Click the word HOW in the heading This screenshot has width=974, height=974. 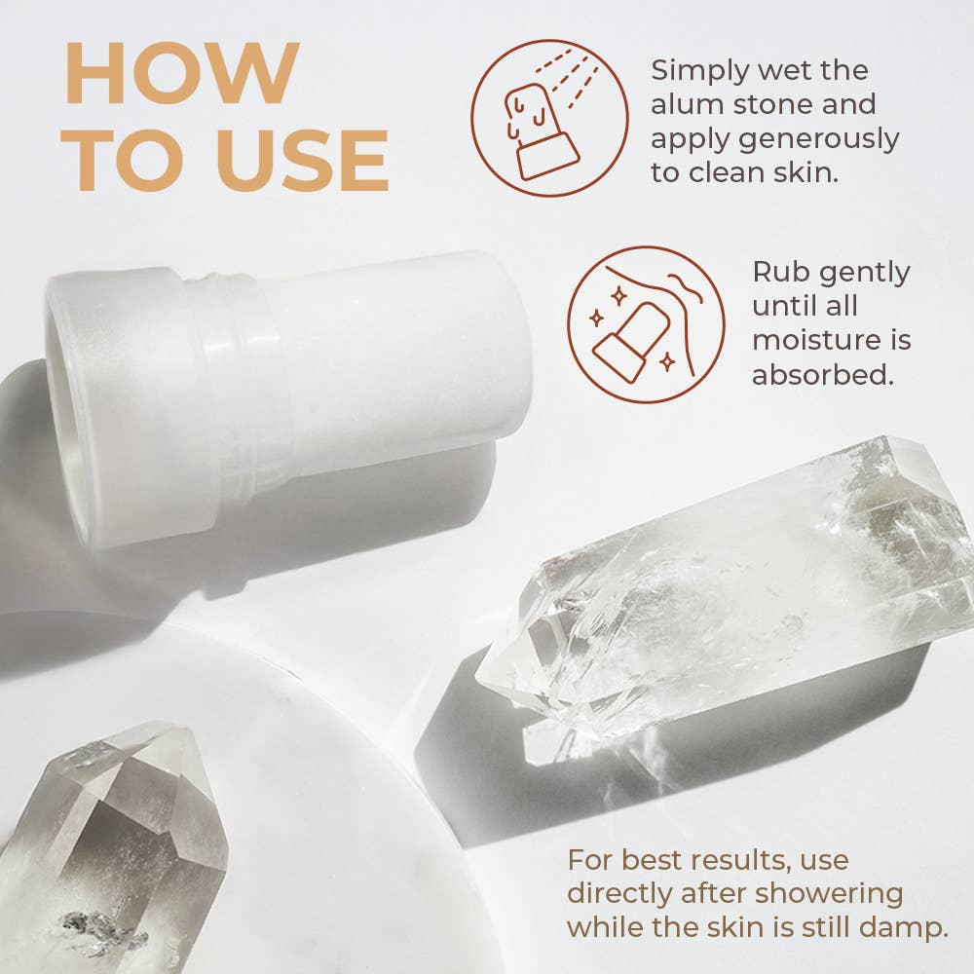coord(183,73)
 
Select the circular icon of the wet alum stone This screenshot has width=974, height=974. coord(549,118)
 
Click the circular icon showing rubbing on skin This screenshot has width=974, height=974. coord(646,324)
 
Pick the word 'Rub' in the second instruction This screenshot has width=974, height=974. coord(776,272)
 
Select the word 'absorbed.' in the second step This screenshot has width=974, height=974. coord(823,374)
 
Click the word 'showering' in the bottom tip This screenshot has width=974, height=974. coord(829,895)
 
